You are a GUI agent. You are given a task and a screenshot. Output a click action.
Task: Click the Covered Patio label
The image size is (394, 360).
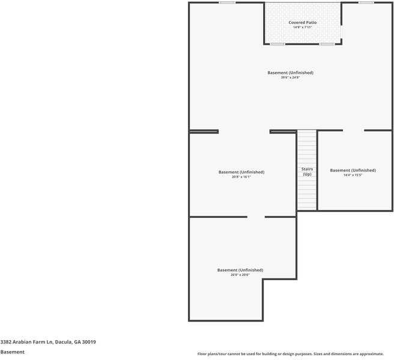click(x=302, y=22)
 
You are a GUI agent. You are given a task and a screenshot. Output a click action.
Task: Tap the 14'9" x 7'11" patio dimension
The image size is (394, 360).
click(x=302, y=27)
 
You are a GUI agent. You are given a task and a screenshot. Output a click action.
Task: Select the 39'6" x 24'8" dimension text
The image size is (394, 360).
click(x=290, y=77)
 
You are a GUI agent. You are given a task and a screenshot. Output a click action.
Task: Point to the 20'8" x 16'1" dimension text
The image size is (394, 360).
click(x=241, y=177)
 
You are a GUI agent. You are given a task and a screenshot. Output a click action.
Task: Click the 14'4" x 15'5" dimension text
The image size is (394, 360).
click(x=353, y=175)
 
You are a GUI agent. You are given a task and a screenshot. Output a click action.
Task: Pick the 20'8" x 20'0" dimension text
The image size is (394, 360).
click(x=240, y=275)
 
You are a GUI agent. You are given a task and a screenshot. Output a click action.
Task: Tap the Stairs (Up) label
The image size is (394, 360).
click(x=307, y=172)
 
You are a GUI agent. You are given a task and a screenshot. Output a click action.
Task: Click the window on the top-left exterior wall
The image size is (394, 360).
click(x=227, y=2)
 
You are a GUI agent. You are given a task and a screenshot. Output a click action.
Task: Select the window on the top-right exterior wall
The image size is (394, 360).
click(x=366, y=2)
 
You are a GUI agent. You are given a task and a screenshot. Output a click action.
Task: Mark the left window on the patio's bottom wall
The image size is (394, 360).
click(x=277, y=44)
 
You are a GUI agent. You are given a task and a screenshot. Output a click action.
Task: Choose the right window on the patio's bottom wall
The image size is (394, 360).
click(x=327, y=44)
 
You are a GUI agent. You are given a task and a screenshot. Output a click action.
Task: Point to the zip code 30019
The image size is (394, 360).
click(x=89, y=342)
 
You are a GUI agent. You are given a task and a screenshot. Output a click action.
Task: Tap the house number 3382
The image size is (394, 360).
click(x=6, y=342)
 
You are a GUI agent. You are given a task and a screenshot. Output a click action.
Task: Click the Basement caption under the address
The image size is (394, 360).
click(x=12, y=352)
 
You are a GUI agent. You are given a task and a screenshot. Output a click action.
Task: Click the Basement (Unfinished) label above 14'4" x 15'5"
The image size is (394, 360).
click(x=353, y=170)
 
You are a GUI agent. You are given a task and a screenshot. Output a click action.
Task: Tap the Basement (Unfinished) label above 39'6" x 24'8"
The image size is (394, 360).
click(x=290, y=73)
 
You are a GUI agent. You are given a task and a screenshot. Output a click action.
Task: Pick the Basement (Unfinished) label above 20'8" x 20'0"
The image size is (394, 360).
click(x=240, y=270)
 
